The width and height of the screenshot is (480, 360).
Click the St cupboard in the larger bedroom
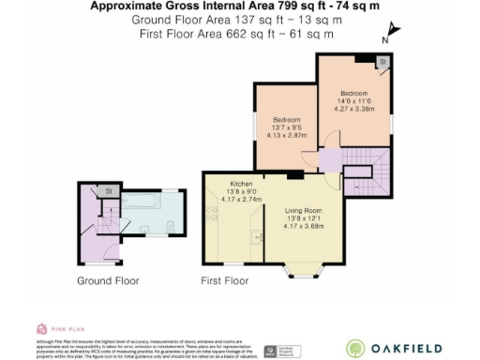382,62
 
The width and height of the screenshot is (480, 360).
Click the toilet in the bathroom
168,225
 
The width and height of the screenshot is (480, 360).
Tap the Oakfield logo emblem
356,347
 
